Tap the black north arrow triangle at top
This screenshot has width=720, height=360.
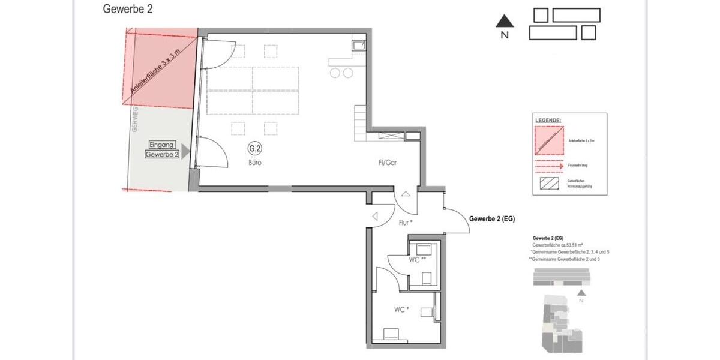[505, 22]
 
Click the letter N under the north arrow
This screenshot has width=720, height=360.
[505, 35]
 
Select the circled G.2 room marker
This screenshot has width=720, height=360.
[255, 149]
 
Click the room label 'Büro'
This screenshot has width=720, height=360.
[255, 163]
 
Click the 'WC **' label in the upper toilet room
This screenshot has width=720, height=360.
[418, 260]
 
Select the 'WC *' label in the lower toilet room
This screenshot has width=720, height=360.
[401, 310]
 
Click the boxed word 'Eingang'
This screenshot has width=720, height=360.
[162, 145]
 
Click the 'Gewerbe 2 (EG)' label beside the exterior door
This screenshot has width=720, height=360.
[492, 218]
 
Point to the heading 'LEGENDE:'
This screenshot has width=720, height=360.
[548, 121]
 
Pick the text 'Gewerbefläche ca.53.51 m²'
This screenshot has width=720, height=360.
[557, 245]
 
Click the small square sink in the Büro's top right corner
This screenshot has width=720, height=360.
[358, 44]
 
